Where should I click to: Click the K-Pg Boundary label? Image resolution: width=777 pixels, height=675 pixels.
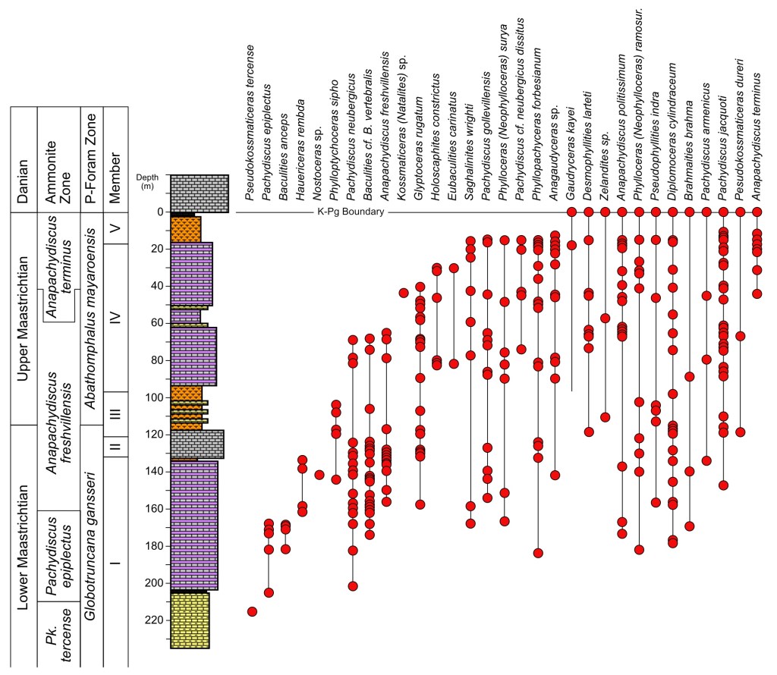pyautogui.click(x=350, y=212)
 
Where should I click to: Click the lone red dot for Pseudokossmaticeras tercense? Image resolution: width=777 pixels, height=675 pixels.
pyautogui.click(x=252, y=611)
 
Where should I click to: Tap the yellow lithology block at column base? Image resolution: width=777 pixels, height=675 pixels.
pyautogui.click(x=190, y=620)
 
